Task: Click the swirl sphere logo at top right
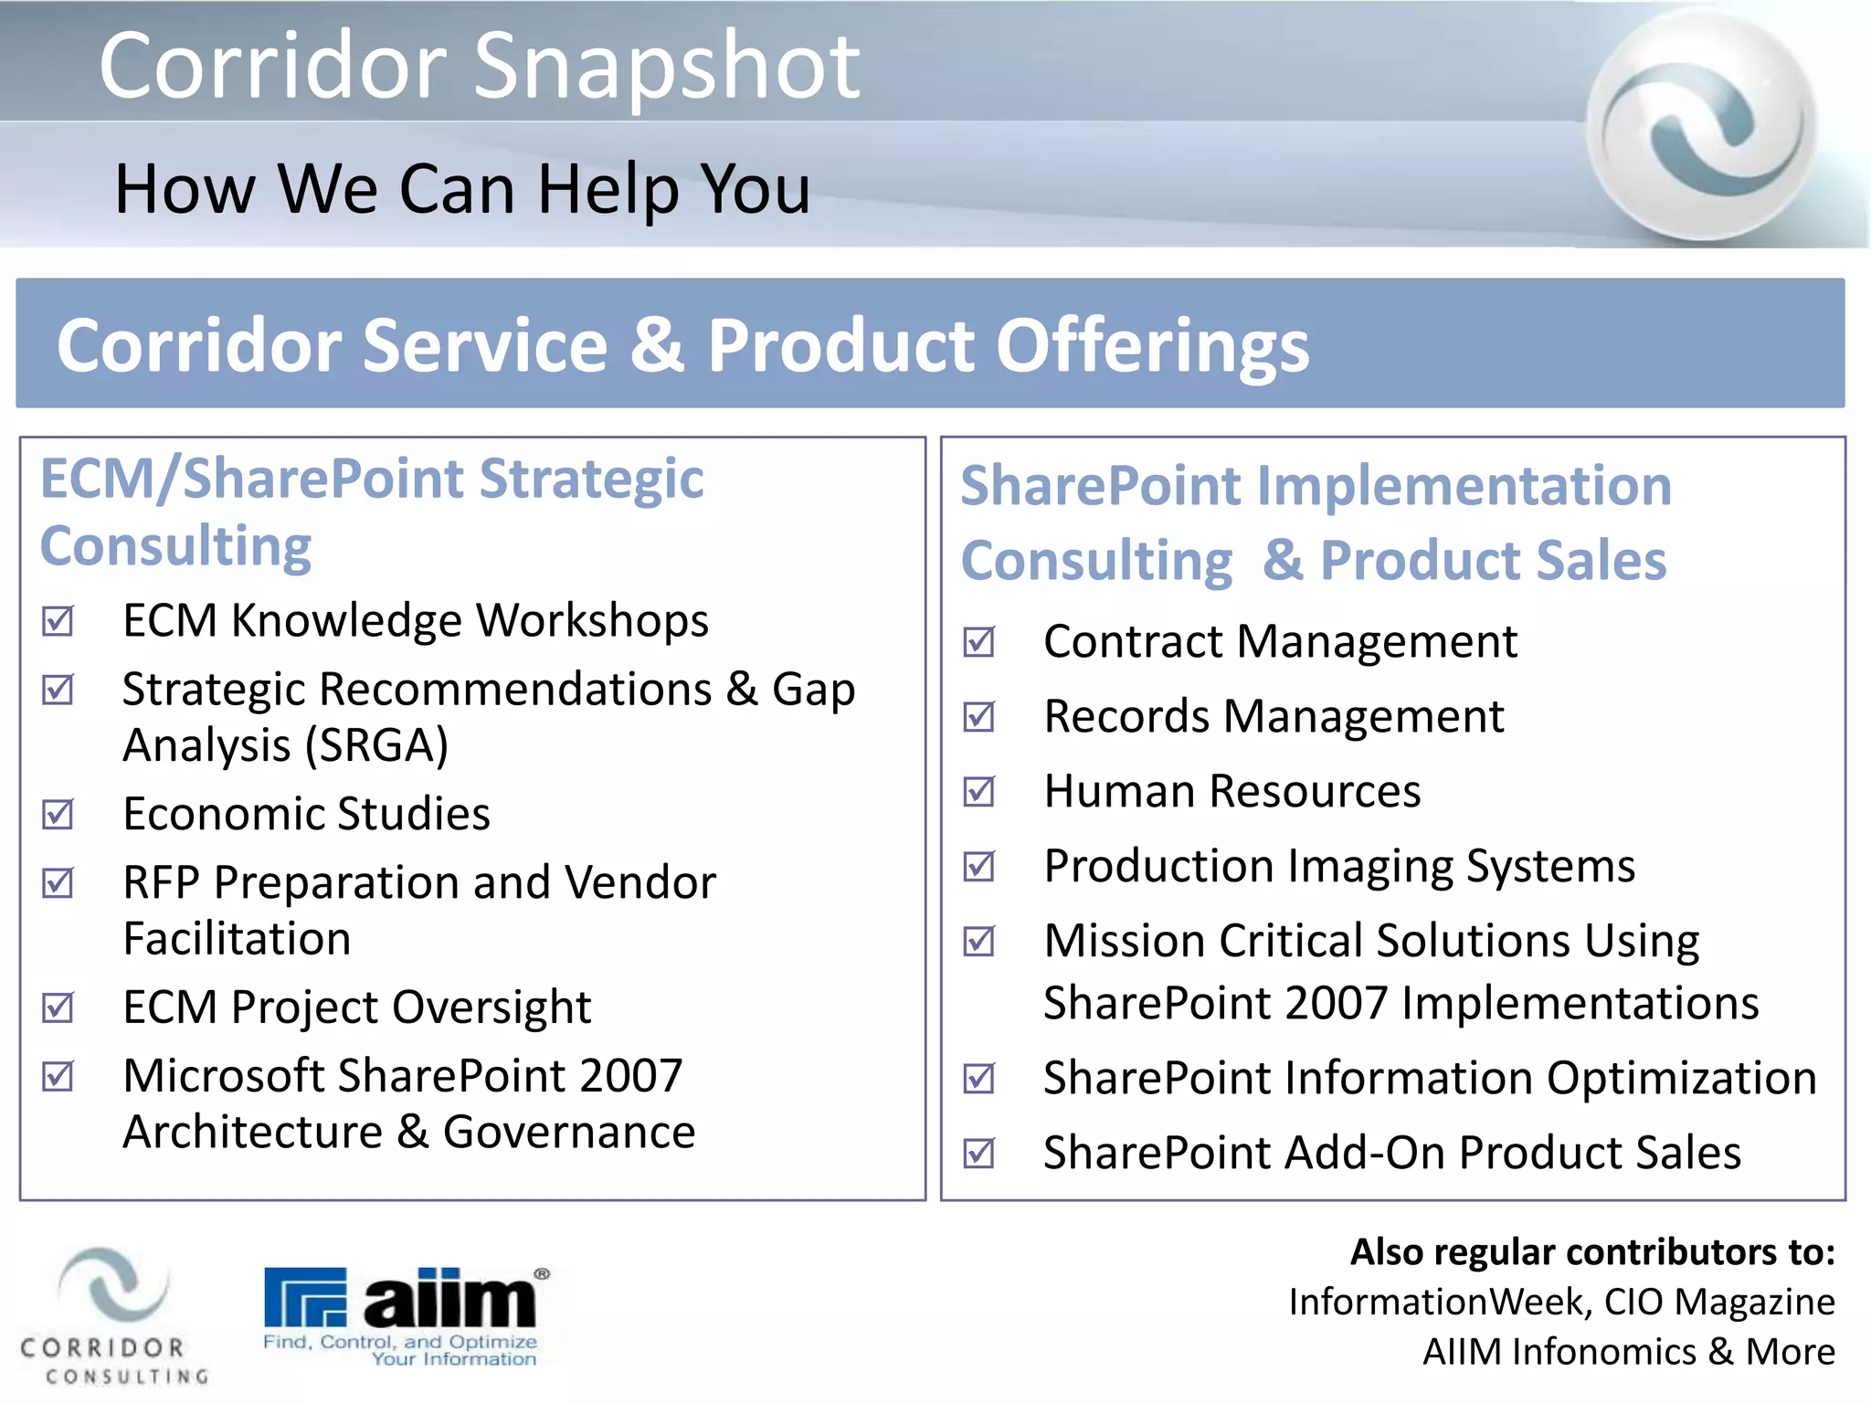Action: pos(1702,126)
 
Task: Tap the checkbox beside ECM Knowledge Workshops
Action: pos(58,621)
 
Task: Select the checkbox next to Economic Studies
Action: pos(58,814)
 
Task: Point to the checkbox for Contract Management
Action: pos(979,642)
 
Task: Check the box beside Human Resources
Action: pos(979,791)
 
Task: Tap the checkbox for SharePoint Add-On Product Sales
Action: pos(979,1153)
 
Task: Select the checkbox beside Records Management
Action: pos(979,717)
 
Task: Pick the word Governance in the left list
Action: pos(568,1133)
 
